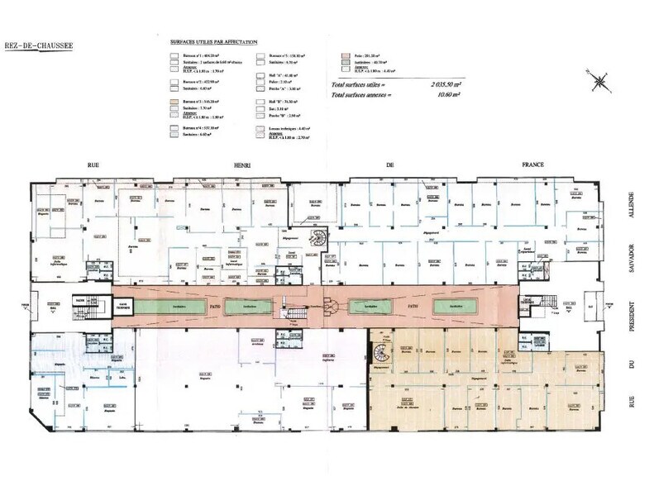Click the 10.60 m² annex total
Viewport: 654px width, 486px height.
(x=446, y=96)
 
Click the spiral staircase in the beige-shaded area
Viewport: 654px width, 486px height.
(x=380, y=355)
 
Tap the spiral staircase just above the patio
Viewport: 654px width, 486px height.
(x=316, y=238)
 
